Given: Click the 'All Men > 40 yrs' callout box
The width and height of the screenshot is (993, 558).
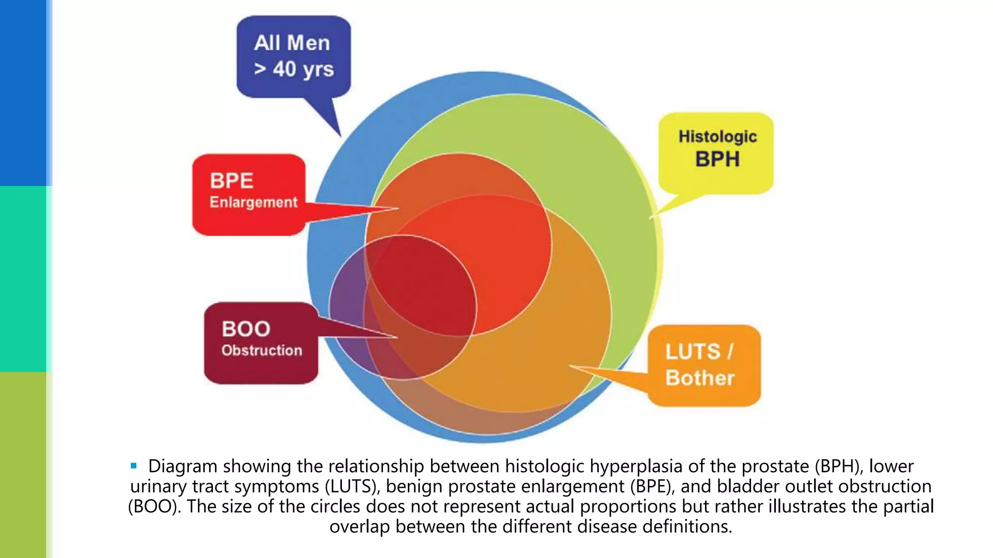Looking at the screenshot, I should click(293, 56).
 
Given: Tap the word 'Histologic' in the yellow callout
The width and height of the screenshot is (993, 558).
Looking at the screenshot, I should click(717, 137).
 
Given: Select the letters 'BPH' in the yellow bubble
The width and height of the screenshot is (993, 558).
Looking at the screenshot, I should click(717, 159).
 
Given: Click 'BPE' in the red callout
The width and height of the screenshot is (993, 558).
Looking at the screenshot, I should click(231, 181).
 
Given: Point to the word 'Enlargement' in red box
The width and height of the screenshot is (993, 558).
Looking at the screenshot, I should click(253, 202).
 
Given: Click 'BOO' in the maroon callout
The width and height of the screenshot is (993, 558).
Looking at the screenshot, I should click(246, 329).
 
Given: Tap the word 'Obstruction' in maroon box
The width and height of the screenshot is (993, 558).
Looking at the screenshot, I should click(261, 350).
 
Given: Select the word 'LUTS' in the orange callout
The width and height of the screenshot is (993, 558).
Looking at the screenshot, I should click(692, 352).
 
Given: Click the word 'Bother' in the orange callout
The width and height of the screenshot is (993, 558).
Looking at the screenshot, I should click(700, 378).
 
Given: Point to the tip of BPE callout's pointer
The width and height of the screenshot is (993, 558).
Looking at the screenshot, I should click(398, 209).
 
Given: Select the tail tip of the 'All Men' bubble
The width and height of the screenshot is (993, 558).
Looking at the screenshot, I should click(340, 136).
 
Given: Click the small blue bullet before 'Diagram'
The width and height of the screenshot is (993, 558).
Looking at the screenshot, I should click(134, 466).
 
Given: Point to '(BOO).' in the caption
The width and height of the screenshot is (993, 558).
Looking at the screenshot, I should click(155, 507).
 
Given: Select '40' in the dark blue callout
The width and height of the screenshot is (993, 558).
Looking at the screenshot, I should click(284, 69).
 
